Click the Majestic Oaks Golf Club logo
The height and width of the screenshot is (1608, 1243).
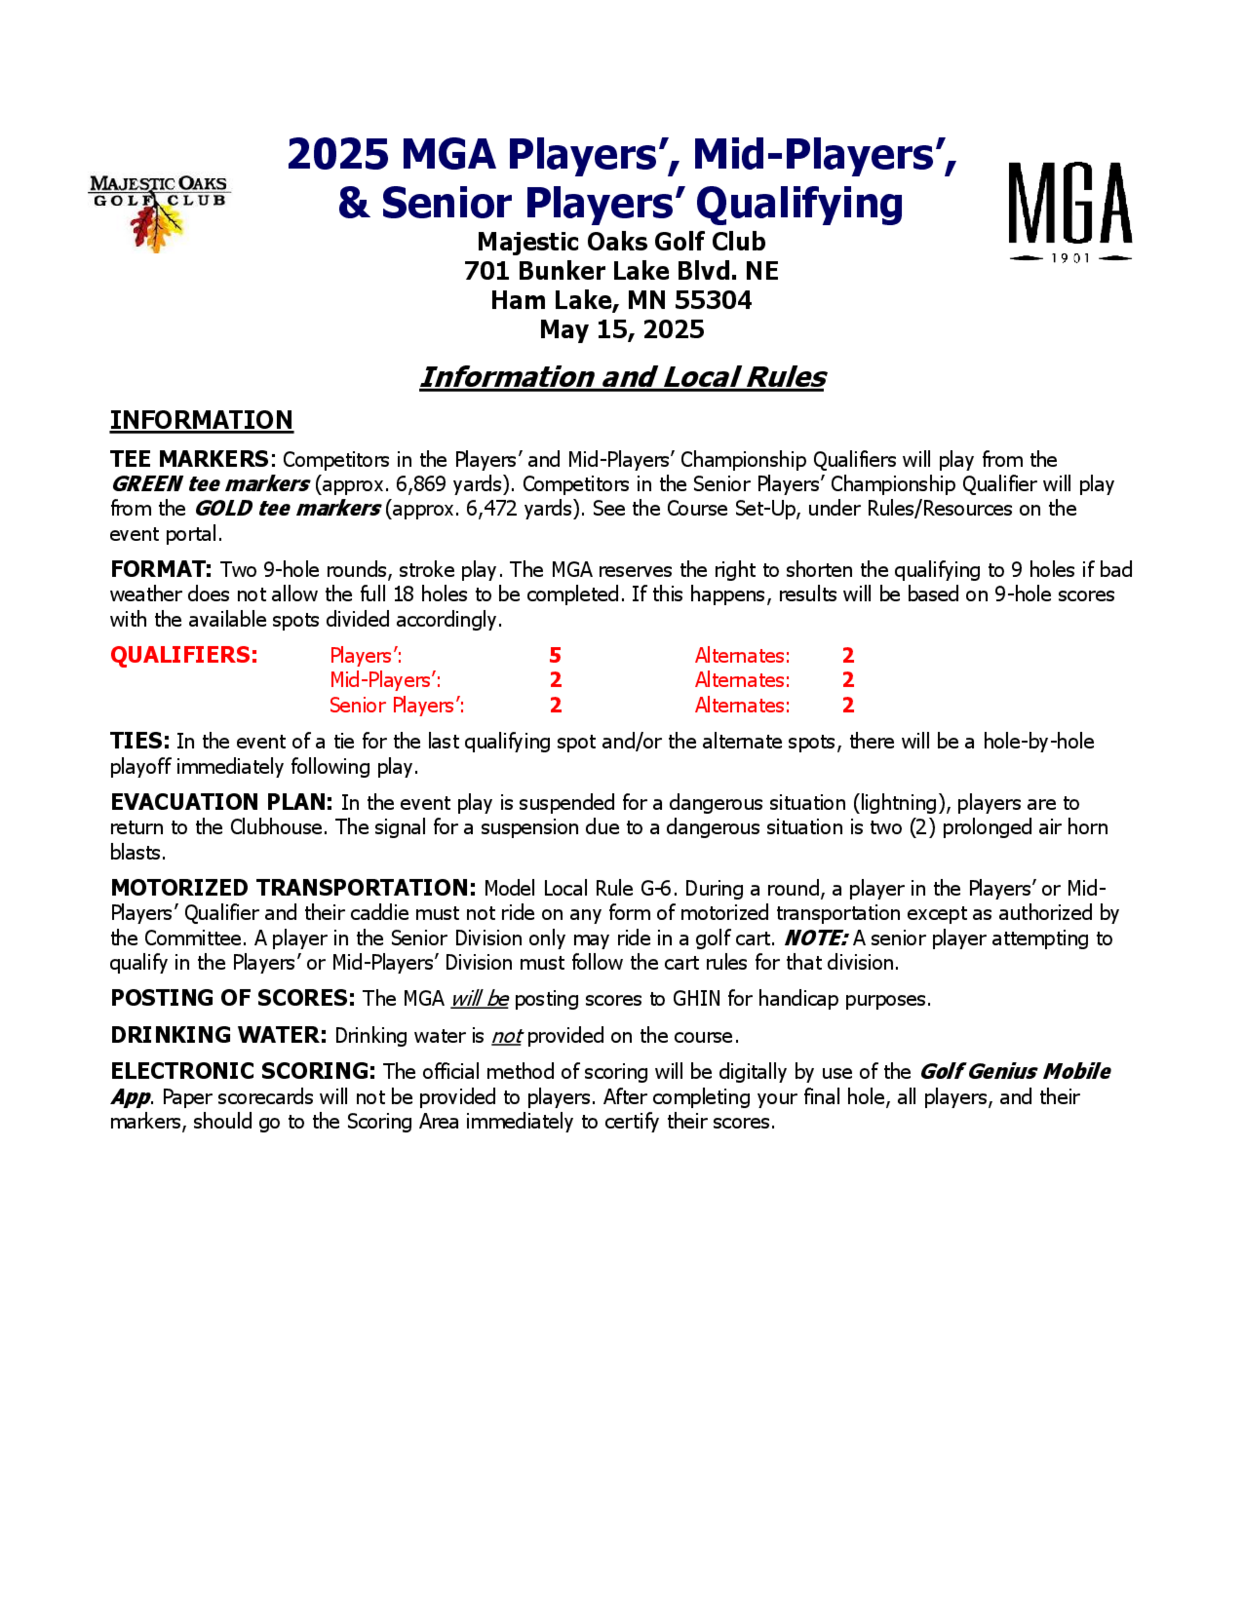(158, 212)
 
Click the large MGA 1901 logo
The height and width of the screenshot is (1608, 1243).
(1069, 211)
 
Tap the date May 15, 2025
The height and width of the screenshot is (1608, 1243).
(621, 329)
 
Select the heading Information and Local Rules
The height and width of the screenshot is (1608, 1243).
(621, 377)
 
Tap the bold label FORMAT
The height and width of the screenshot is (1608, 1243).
(160, 569)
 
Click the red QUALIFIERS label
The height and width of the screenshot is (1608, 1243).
(184, 656)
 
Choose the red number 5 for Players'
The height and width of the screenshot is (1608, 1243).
(555, 656)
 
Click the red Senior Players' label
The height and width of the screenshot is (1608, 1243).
(396, 705)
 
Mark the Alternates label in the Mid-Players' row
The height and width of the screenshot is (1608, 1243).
(741, 680)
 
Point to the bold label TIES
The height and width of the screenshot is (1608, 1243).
(140, 741)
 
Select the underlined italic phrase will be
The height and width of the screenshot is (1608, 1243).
(479, 999)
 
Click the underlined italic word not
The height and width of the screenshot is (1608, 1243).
(507, 1036)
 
